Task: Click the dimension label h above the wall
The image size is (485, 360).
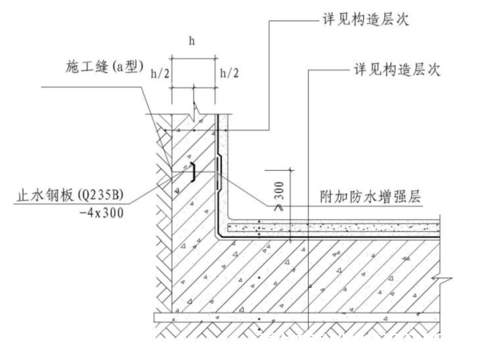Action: point(192,41)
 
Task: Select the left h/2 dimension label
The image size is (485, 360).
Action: point(160,74)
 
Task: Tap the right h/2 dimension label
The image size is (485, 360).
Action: point(229,73)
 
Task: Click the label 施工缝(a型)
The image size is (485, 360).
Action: point(104,66)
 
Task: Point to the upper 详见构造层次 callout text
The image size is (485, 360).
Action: point(366,19)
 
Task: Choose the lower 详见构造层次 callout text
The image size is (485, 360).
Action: point(397,69)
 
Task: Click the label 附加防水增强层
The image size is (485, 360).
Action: point(370,196)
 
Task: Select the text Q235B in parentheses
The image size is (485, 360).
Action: point(101,195)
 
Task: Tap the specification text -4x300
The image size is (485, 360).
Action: point(102,212)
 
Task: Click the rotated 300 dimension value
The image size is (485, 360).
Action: point(279,191)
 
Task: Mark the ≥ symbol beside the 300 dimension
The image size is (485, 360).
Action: point(279,207)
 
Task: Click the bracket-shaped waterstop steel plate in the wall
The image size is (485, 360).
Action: point(193,172)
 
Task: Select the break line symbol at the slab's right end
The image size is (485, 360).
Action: point(442,278)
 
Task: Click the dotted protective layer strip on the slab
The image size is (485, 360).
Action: point(333,229)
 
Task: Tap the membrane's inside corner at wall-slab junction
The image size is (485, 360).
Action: point(218,237)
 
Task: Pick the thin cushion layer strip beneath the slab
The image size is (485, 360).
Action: point(297,318)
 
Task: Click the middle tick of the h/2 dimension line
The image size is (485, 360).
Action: point(194,88)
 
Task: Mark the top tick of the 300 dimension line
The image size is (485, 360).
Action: point(291,170)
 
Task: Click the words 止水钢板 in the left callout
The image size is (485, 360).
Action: point(45,196)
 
